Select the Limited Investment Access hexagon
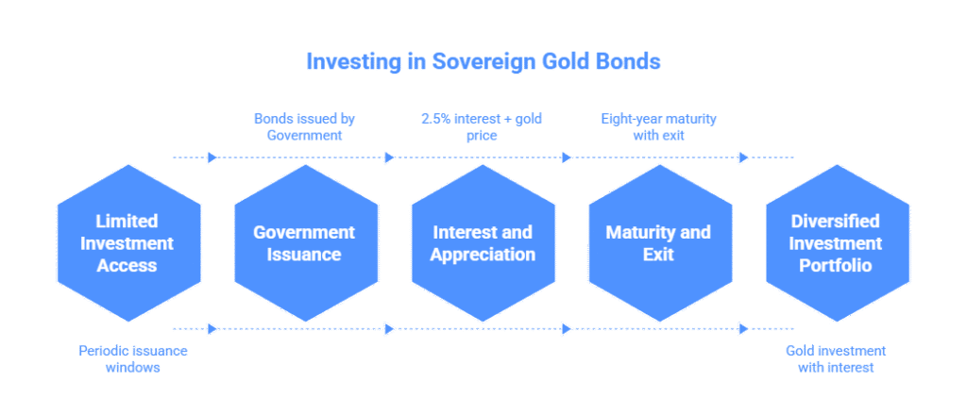click(128, 243)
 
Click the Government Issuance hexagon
click(306, 243)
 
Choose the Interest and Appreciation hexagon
click(483, 243)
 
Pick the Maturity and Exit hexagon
click(660, 243)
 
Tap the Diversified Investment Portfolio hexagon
click(838, 243)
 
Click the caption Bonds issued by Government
click(305, 126)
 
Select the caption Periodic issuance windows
click(132, 359)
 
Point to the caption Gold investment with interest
click(836, 359)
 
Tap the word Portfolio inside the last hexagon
click(836, 265)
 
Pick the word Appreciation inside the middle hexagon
click(483, 255)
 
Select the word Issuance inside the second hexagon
click(304, 254)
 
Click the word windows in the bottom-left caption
click(132, 368)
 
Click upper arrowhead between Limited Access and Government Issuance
click(212, 157)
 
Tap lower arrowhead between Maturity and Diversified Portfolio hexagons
click(744, 329)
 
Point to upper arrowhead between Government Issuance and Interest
click(389, 157)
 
